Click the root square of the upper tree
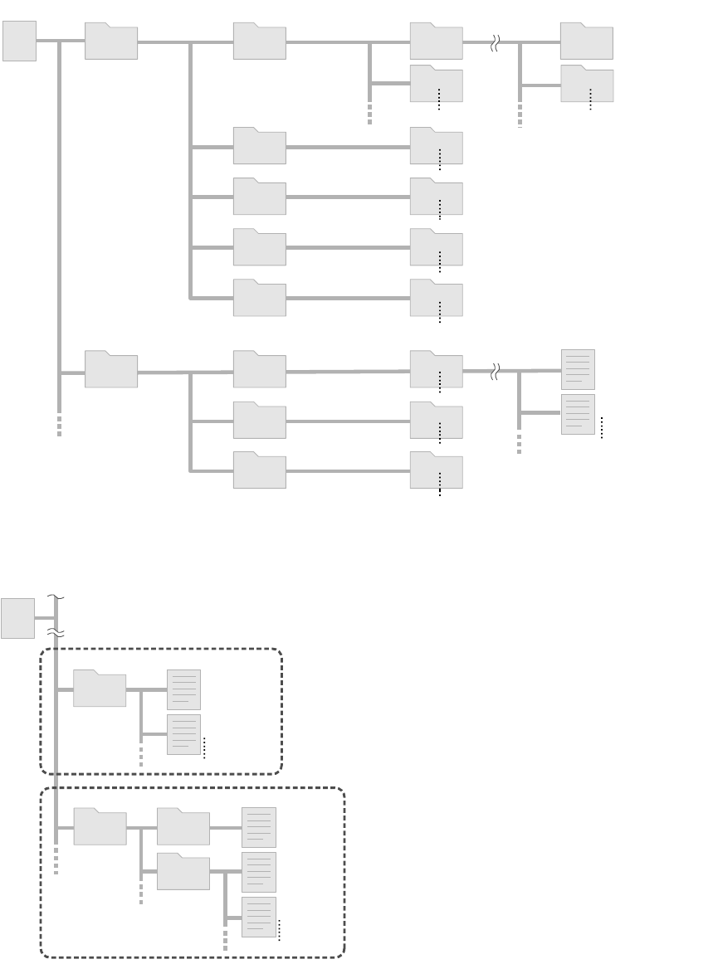tap(19, 41)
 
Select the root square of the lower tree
tap(17, 618)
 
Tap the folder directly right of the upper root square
tap(111, 41)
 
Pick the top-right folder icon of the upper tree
tap(587, 41)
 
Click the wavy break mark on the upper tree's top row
tap(494, 42)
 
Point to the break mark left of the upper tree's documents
tap(494, 371)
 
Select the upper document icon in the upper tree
tap(578, 370)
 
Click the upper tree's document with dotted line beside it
tap(578, 414)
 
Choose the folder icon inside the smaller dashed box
tap(100, 689)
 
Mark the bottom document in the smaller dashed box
tap(183, 734)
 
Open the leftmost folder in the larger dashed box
tap(100, 827)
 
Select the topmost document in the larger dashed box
tap(258, 827)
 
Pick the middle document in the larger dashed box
tap(258, 872)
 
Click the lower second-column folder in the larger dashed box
tap(183, 871)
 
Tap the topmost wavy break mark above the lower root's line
tap(56, 596)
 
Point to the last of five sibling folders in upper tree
tap(260, 298)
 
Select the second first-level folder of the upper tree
tap(111, 370)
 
